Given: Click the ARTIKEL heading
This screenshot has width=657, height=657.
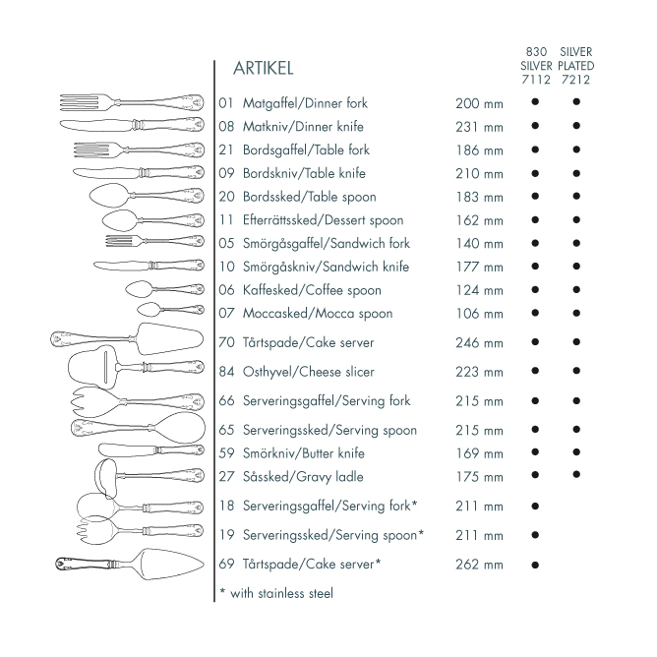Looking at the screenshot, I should [x=263, y=69].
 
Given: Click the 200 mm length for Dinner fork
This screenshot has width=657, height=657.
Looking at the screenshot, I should [x=479, y=103].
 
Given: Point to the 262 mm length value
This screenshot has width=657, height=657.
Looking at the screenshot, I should [x=479, y=565].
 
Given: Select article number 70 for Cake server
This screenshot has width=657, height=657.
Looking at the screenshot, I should [x=227, y=343].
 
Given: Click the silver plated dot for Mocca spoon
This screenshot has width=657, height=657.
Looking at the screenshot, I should [x=576, y=314].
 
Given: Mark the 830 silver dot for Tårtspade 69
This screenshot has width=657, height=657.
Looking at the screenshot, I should [x=535, y=565].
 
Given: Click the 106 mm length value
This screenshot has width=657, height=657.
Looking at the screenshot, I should [x=479, y=314].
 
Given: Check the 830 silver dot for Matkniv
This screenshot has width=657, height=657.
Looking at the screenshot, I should [x=535, y=126].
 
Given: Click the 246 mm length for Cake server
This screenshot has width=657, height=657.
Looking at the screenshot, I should [x=479, y=343].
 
